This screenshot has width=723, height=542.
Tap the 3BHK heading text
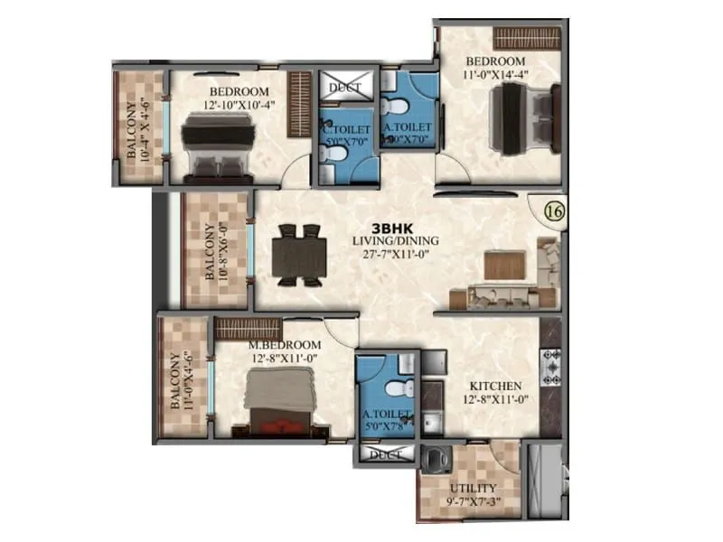coord(395,228)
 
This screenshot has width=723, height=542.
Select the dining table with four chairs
coord(297,255)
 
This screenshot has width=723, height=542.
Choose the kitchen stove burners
coord(550,366)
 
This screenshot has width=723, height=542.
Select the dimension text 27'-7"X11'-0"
coord(395,255)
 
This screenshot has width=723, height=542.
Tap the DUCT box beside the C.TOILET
coord(344,88)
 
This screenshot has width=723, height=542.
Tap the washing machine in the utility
coord(437,459)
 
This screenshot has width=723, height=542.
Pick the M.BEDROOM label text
coord(286,345)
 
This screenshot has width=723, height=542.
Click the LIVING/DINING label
coord(395,241)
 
